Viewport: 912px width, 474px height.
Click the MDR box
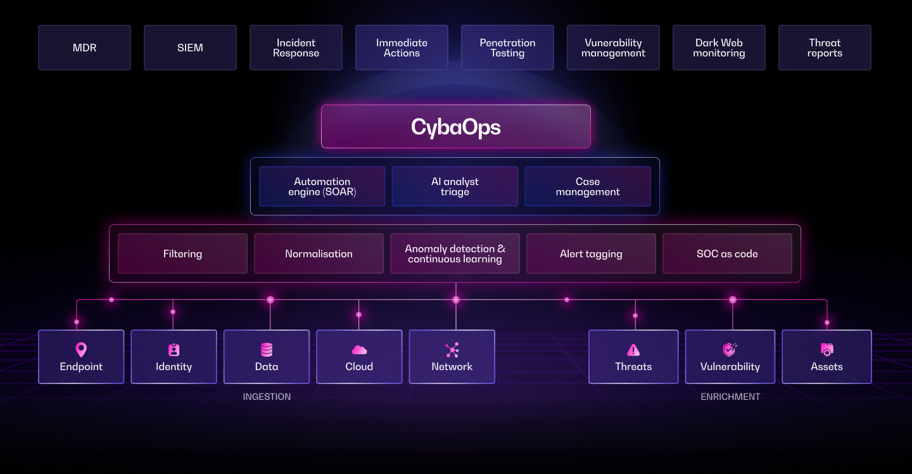[84, 48]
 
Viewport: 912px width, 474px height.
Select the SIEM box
[190, 48]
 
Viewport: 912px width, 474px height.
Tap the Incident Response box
[296, 48]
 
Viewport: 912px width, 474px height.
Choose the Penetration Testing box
[507, 48]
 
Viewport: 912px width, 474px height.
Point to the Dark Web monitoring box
[719, 48]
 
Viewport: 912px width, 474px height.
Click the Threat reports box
[825, 48]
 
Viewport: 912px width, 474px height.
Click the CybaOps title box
[455, 127]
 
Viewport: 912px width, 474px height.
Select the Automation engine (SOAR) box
[322, 186]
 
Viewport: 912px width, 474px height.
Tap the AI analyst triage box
[455, 186]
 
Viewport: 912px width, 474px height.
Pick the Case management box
[588, 186]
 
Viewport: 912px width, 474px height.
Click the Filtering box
[182, 253]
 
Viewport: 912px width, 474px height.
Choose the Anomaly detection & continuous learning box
[455, 253]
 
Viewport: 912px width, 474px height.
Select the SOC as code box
[727, 253]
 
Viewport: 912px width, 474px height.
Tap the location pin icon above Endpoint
[81, 349]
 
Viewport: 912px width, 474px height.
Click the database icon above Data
[267, 349]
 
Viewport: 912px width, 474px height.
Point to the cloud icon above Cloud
[359, 350]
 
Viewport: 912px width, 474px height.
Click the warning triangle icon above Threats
[633, 350]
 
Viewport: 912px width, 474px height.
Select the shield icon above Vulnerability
[730, 349]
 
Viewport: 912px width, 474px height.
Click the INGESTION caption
[267, 397]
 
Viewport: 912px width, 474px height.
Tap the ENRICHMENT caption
[730, 397]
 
